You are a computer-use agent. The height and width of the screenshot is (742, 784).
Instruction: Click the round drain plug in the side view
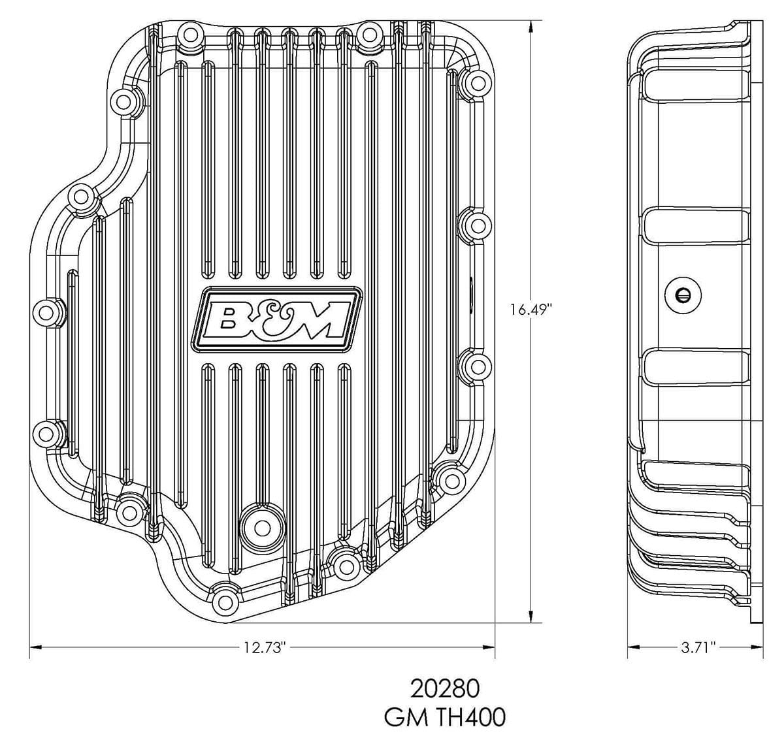683,295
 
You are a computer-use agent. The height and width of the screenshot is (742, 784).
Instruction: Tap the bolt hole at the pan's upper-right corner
476,82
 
